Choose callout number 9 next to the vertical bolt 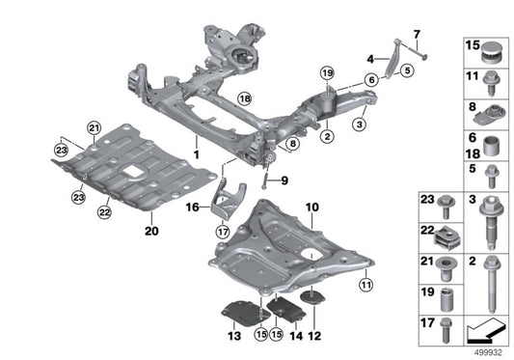[285, 180]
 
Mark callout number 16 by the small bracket [191, 207]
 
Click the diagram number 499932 [491, 352]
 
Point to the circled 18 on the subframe [244, 98]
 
